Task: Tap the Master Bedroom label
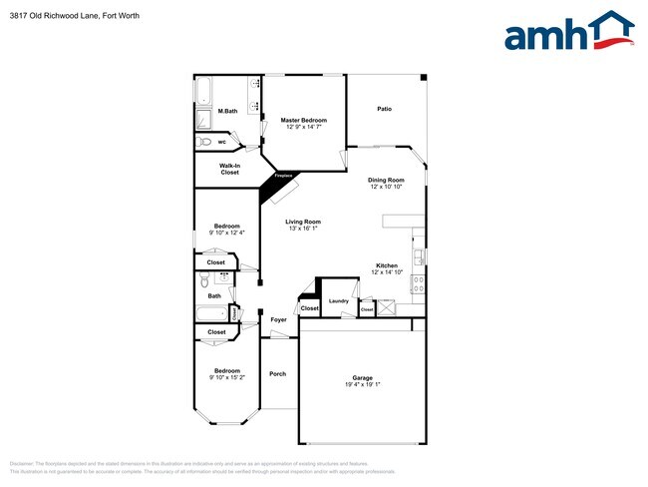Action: coord(303,120)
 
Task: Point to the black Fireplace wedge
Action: coord(276,184)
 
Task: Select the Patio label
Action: coord(384,109)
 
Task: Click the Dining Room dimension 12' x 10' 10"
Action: coord(386,187)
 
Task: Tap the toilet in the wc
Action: coord(204,142)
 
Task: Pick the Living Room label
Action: coord(302,222)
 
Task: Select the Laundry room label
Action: coord(338,300)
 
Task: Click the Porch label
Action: coord(278,374)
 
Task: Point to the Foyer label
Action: coord(278,320)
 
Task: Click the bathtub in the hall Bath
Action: coord(212,314)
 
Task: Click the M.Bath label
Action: coord(227,111)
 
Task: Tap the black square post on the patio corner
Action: coord(423,77)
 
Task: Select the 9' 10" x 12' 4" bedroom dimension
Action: coord(226,233)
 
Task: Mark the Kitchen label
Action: coord(387,265)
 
